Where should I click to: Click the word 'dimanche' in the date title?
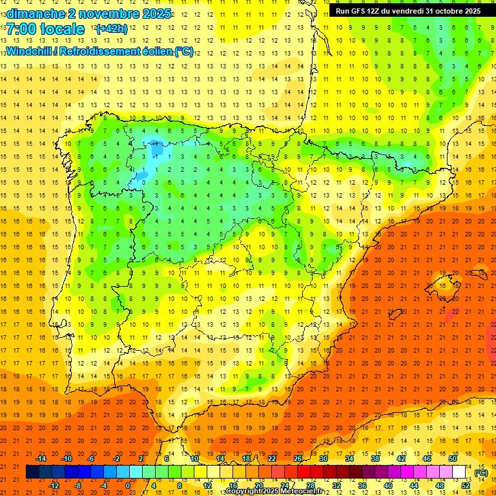pos(34,14)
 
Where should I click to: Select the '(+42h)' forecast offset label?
pos(111,29)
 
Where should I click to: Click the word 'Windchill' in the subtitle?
pos(28,51)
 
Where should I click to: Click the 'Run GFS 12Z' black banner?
pos(408,11)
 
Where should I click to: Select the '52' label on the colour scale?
pos(465,486)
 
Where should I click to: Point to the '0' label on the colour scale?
pos(128,486)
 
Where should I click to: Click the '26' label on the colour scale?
pos(298,459)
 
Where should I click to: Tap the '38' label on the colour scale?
pos(375,459)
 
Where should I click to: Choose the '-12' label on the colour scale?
pos(54,486)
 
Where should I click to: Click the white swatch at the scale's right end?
pos(459,472)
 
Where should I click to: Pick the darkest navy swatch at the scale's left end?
pos(32,472)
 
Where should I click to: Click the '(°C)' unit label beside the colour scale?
pos(481,472)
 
